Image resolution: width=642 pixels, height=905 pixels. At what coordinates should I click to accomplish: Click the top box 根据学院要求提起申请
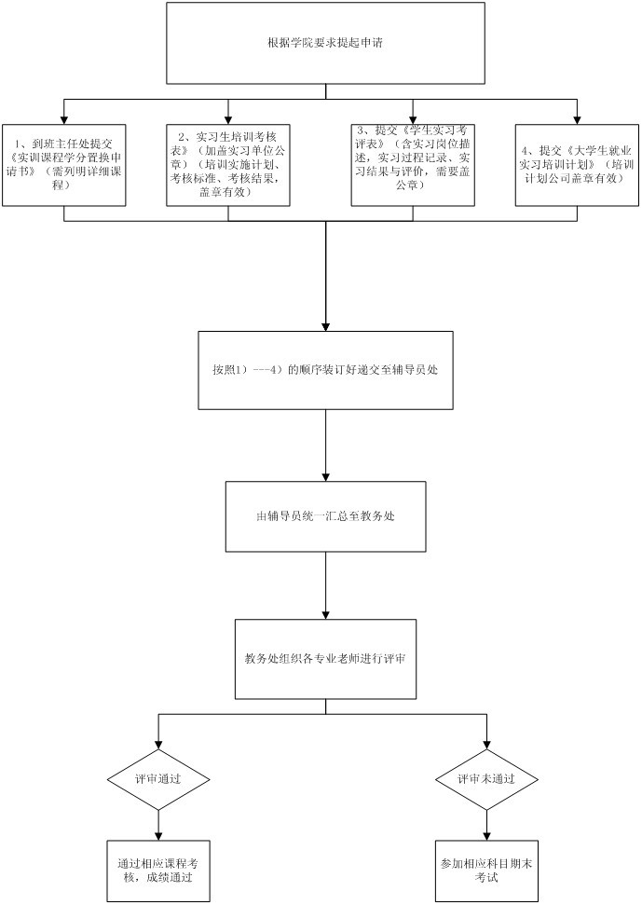coord(324,43)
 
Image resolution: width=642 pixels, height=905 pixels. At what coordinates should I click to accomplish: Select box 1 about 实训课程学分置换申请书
coord(63,165)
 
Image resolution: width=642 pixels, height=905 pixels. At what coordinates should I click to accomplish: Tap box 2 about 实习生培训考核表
coord(227,165)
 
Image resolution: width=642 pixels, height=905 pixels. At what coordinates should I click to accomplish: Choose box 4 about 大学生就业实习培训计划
coord(577,165)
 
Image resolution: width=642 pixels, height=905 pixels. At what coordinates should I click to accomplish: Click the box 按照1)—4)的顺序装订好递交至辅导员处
coord(325,369)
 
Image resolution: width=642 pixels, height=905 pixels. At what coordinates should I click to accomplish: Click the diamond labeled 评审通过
coord(158,778)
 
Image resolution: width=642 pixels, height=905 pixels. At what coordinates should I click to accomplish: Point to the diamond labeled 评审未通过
coord(485,778)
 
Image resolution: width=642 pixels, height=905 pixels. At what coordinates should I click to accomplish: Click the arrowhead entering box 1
coord(63,118)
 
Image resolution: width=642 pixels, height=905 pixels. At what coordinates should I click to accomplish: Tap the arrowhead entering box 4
coord(577,118)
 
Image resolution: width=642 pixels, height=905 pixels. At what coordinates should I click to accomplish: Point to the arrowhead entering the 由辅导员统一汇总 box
coord(326,474)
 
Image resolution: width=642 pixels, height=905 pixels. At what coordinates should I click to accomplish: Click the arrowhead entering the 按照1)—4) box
coord(325,324)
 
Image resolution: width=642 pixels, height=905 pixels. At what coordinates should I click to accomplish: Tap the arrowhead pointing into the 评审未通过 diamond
coord(485,745)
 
